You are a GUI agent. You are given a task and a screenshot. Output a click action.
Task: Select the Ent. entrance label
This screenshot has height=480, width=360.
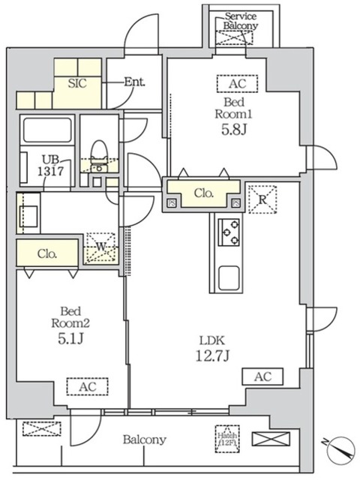(135, 83)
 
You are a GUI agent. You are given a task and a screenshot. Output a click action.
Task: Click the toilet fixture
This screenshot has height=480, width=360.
(98, 154)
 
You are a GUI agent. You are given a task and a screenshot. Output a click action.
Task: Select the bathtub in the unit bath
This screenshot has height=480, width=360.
(47, 130)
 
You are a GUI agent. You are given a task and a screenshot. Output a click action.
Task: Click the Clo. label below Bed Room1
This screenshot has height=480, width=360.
(204, 193)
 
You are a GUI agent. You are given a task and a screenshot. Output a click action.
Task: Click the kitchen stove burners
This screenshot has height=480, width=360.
(228, 232)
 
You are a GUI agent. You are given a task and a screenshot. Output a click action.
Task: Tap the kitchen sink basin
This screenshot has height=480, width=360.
(228, 279)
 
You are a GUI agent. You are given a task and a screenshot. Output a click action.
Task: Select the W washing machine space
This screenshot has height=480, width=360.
(101, 247)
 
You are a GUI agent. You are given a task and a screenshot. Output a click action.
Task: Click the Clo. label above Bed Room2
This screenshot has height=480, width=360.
(47, 253)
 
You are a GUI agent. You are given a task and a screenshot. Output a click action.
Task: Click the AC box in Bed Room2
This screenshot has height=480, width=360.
(87, 387)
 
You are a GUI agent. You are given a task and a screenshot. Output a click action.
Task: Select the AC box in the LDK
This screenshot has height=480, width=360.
(262, 376)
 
